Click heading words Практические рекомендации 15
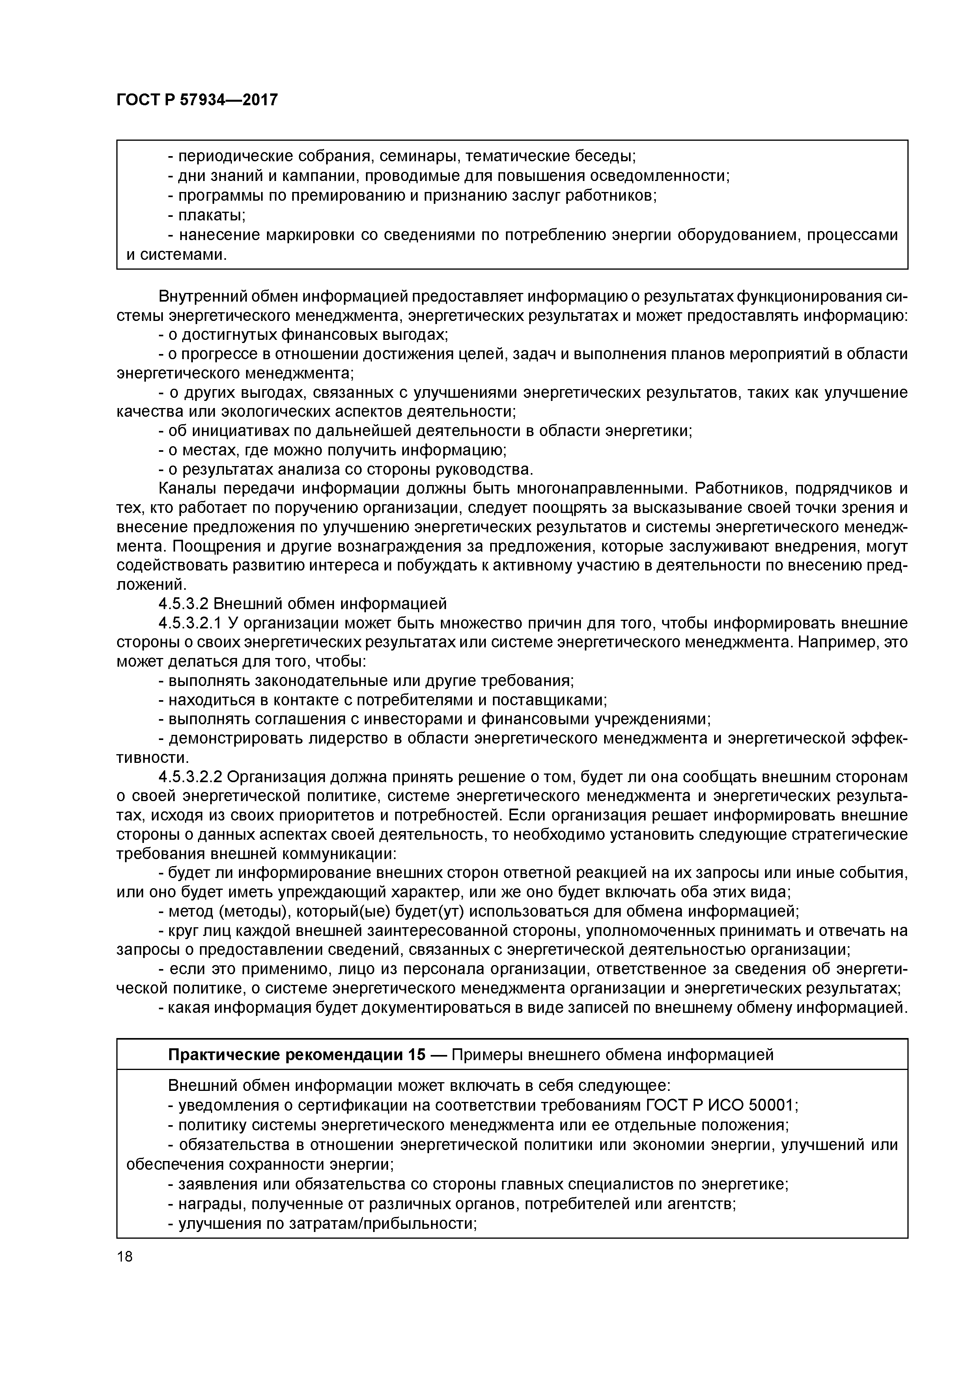[297, 1055]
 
